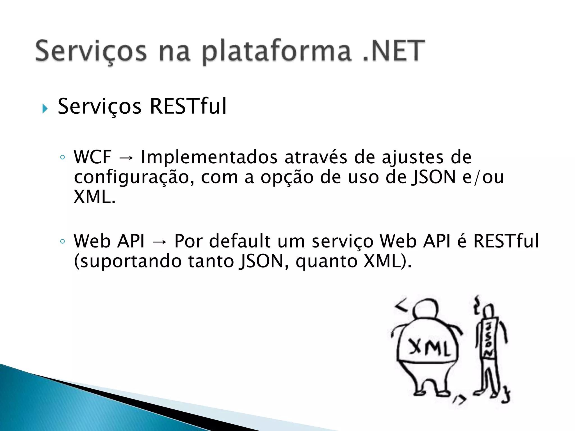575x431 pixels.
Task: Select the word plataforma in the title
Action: [277, 52]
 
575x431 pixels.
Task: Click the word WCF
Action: [93, 157]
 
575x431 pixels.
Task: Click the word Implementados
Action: [209, 157]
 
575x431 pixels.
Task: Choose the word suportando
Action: [128, 262]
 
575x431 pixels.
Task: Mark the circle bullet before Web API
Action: [62, 241]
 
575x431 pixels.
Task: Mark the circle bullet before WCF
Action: [62, 157]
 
